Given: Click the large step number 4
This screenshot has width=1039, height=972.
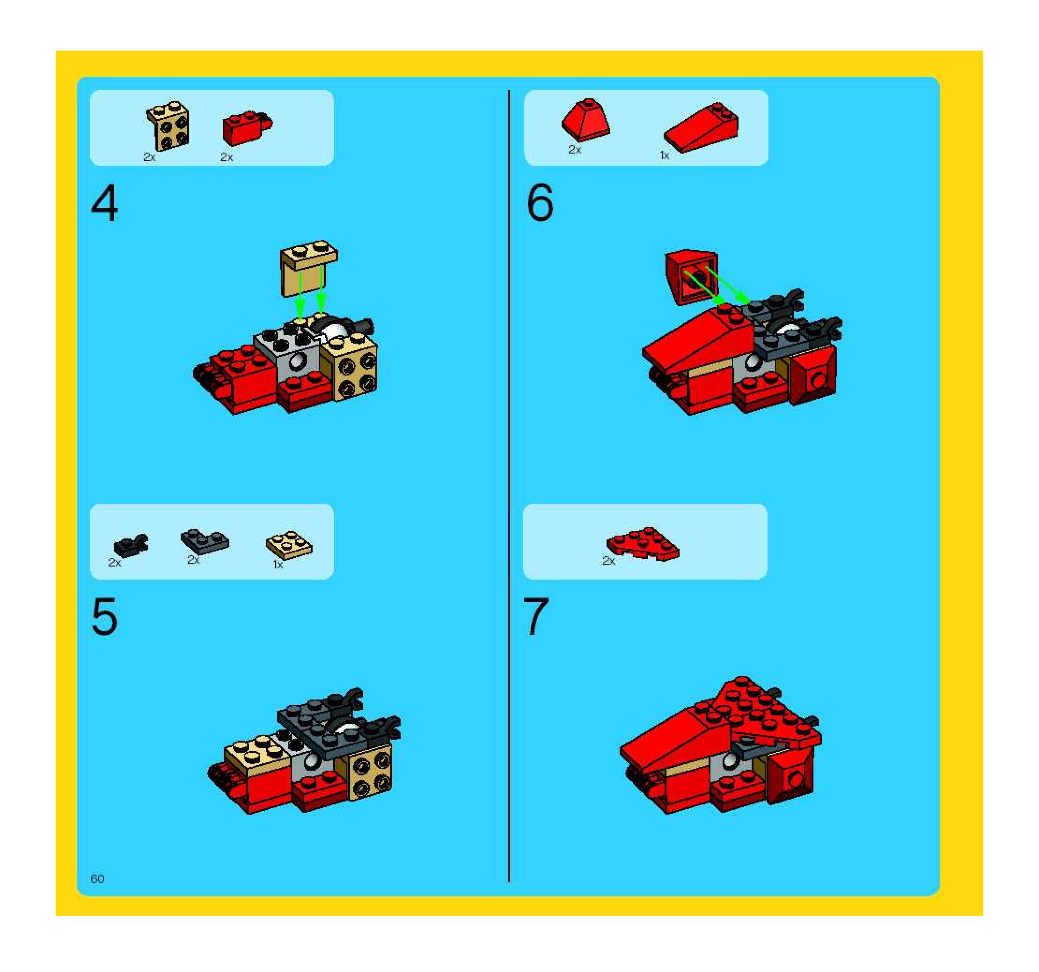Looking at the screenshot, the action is (104, 205).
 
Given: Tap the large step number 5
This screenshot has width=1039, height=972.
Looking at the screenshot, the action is (104, 617).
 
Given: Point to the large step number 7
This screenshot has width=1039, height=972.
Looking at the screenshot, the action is (536, 617).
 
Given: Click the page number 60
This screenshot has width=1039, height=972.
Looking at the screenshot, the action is (97, 879).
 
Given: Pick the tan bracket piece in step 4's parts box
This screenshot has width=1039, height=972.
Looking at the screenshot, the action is (167, 125).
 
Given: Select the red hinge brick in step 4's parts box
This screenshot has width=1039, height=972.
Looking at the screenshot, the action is (247, 127).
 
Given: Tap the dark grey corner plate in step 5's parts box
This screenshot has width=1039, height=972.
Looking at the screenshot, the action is (205, 541).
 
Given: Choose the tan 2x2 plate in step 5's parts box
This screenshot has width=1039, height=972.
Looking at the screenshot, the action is (289, 545).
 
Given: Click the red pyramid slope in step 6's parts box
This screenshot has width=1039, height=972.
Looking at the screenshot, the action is (586, 120).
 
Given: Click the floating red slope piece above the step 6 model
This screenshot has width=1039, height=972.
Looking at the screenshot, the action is (691, 277).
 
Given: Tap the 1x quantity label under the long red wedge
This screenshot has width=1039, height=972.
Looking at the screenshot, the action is (664, 155).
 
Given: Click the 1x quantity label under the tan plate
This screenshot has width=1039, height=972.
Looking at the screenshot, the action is (278, 565).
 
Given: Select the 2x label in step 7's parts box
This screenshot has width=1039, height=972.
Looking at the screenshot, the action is (608, 561).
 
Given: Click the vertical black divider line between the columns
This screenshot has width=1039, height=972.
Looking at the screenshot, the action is (509, 486).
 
